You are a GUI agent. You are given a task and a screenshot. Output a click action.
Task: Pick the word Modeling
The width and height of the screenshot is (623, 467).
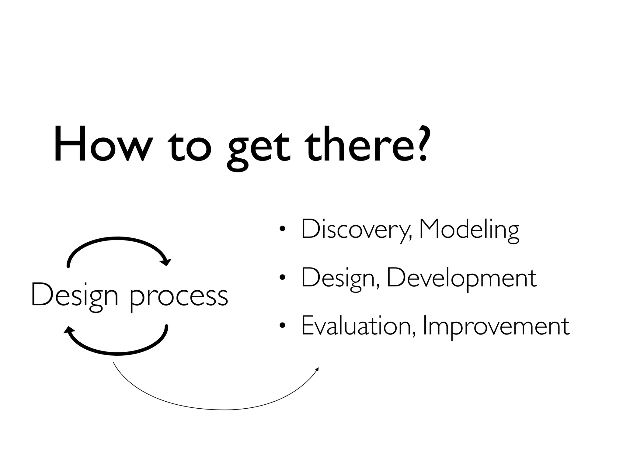(x=469, y=230)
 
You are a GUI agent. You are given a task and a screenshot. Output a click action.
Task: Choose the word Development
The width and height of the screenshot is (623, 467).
(x=461, y=278)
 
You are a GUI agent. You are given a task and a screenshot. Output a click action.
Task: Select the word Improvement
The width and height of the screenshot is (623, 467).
(x=496, y=327)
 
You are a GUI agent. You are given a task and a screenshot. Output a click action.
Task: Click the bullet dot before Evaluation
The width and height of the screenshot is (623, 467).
(x=283, y=326)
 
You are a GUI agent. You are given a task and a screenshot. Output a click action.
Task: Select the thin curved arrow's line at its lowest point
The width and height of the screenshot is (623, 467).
(x=224, y=410)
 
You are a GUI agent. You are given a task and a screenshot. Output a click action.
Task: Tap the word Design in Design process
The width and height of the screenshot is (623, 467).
(x=75, y=296)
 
